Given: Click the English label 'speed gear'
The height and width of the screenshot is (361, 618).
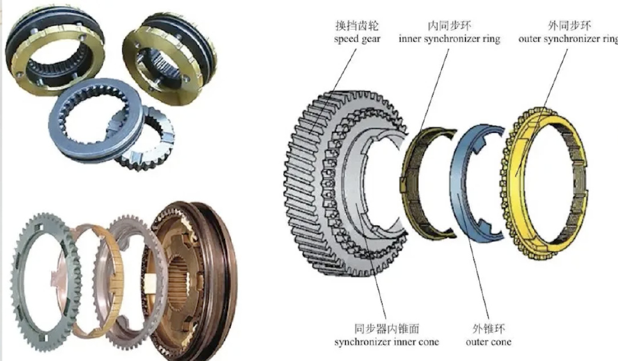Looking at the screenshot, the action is pyautogui.click(x=357, y=39).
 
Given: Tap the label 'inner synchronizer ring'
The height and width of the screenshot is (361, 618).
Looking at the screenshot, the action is pyautogui.click(x=449, y=39).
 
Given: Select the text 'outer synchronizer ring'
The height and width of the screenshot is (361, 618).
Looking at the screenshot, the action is pyautogui.click(x=569, y=39).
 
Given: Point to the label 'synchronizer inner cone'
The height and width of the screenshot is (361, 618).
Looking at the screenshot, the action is pyautogui.click(x=386, y=342).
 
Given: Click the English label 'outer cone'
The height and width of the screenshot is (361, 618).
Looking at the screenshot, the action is pyautogui.click(x=488, y=342).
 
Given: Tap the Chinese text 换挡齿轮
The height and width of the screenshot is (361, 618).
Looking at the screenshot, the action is pyautogui.click(x=357, y=26).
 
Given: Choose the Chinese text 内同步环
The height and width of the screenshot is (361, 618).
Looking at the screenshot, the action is pyautogui.click(x=449, y=26).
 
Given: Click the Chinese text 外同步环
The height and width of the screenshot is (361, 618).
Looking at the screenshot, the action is pyautogui.click(x=569, y=26).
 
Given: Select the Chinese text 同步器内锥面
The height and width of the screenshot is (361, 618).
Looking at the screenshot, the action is pyautogui.click(x=386, y=328).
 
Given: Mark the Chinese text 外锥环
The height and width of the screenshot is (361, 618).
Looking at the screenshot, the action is pyautogui.click(x=488, y=328).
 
